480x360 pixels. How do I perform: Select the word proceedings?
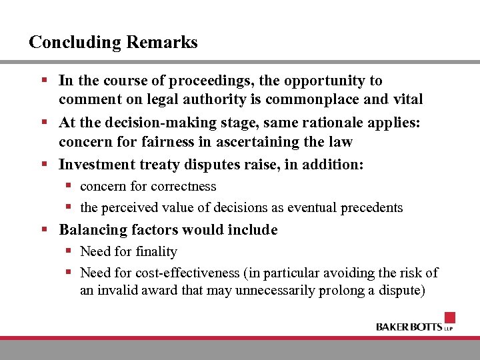point(199,81)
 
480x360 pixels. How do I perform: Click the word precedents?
point(372,208)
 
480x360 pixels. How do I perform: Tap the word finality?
point(156,252)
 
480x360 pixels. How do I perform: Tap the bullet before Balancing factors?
point(44,229)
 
